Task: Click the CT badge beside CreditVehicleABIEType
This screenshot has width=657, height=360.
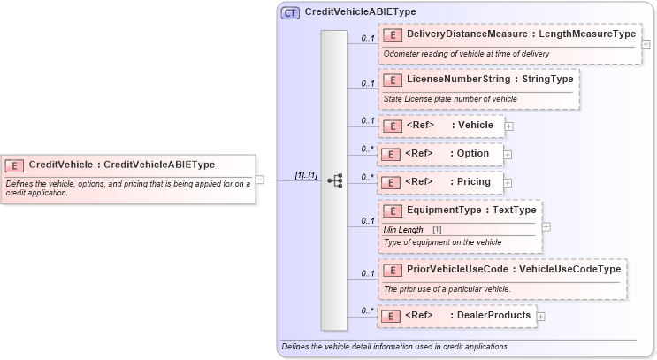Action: click(x=290, y=13)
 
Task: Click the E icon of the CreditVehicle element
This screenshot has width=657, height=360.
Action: click(x=15, y=165)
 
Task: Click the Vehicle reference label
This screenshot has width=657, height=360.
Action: click(x=476, y=125)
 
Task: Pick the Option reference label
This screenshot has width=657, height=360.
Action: click(x=474, y=153)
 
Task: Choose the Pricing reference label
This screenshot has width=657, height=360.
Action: click(x=475, y=181)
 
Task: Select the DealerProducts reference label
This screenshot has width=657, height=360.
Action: click(x=493, y=315)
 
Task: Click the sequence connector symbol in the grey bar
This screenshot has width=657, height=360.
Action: click(x=334, y=180)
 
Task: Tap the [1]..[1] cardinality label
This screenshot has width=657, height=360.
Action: click(x=306, y=175)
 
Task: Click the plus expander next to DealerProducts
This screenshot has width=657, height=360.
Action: click(x=540, y=316)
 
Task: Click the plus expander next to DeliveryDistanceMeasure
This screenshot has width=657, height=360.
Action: click(x=646, y=43)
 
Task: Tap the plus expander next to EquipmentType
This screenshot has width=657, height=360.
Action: click(x=546, y=226)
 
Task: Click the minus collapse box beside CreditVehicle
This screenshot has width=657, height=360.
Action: click(x=260, y=180)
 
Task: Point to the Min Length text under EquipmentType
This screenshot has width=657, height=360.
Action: click(x=402, y=230)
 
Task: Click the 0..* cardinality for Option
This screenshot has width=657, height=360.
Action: click(x=367, y=149)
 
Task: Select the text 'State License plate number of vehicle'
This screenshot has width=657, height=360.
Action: click(x=450, y=98)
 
